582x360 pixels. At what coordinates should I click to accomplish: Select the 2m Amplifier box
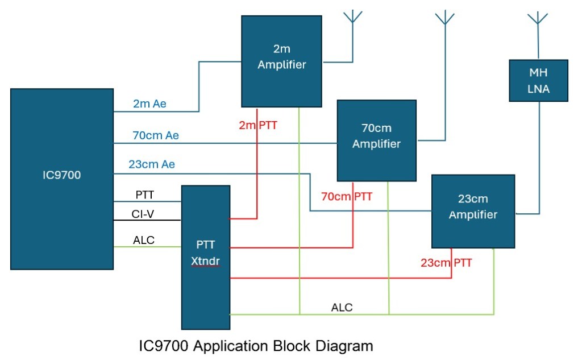point(281,60)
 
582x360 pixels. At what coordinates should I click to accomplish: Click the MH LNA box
point(539,81)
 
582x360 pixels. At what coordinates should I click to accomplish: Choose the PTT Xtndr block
point(205,256)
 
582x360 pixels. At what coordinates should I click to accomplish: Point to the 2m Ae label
point(149,104)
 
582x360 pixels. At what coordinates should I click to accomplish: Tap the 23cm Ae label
point(152,164)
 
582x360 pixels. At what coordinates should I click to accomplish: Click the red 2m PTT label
point(259,125)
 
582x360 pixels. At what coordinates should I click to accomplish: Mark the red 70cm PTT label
point(347,197)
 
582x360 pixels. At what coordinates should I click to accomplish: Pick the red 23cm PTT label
point(446,263)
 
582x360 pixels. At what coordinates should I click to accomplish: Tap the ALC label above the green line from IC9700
point(144,240)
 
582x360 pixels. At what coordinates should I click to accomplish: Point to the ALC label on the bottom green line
point(342,308)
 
